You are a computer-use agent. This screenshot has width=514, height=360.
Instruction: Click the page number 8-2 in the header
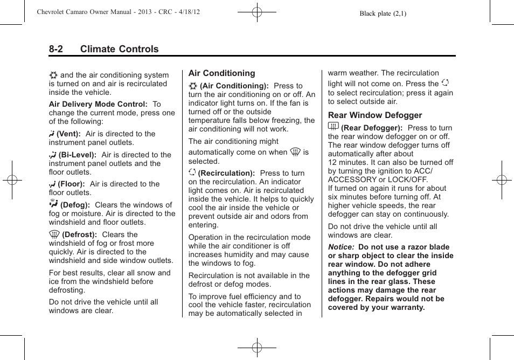[56, 49]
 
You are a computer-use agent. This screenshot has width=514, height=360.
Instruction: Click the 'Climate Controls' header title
[119, 49]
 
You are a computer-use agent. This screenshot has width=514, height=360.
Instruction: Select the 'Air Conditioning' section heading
[221, 73]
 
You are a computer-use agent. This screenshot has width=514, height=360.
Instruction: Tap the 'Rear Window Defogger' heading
[375, 115]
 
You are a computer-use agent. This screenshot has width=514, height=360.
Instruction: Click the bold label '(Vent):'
[69, 134]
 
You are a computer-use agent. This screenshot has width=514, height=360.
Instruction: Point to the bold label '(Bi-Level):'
[78, 155]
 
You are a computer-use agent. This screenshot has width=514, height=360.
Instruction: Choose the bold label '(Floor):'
[71, 184]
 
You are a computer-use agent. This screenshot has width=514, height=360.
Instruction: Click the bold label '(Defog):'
[75, 205]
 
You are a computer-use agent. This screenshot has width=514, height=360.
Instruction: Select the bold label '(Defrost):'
[79, 235]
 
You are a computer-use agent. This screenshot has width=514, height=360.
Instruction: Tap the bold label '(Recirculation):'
[226, 174]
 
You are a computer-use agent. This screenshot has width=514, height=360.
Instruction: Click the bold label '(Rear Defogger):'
[372, 128]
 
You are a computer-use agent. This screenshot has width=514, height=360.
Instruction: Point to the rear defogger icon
[333, 127]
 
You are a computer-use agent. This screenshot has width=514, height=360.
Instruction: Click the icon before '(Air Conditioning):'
[193, 86]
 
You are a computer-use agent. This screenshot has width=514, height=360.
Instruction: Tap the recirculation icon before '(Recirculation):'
[192, 173]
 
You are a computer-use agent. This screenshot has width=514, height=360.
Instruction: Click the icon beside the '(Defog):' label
[53, 204]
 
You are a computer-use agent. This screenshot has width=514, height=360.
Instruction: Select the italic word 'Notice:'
[342, 247]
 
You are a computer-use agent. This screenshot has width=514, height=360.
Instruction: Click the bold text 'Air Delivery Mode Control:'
[98, 105]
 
